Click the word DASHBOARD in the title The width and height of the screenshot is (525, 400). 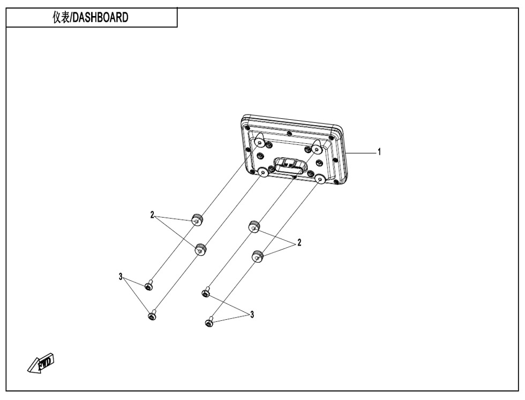pos(101,17)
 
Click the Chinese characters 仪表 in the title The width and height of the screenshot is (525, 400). pos(61,17)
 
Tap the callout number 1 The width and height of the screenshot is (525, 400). pos(379,152)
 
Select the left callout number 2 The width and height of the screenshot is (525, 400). pos(152,215)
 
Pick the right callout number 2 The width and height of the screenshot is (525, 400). pos(299,242)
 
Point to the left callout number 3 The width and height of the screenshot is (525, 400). pos(121,276)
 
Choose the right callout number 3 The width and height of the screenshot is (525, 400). pos(252,314)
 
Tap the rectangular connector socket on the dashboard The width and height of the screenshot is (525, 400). pos(289,165)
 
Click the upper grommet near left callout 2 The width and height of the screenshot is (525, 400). pos(197,220)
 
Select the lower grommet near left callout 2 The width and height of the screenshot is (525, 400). pos(200,249)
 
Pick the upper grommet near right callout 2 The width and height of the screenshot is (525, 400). pos(254,227)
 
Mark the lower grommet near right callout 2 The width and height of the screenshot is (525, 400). pos(257,256)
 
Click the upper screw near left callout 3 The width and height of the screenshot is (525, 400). pos(149,286)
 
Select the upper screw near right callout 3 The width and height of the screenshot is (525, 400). pos(206,292)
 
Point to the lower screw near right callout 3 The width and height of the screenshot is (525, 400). pos(209,322)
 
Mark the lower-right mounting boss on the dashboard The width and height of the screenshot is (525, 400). pos(320,180)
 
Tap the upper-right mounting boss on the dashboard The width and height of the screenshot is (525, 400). pos(317,146)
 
